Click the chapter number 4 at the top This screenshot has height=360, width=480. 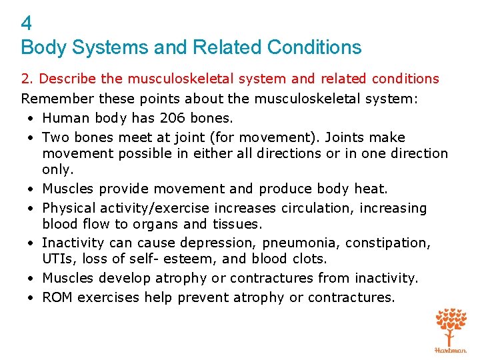(x=27, y=24)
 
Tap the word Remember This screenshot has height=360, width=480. (x=57, y=99)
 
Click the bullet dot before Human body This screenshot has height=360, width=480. (x=31, y=119)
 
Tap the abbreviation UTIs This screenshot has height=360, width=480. (x=56, y=259)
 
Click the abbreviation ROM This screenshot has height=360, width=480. (x=57, y=297)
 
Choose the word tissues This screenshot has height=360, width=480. (x=237, y=224)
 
